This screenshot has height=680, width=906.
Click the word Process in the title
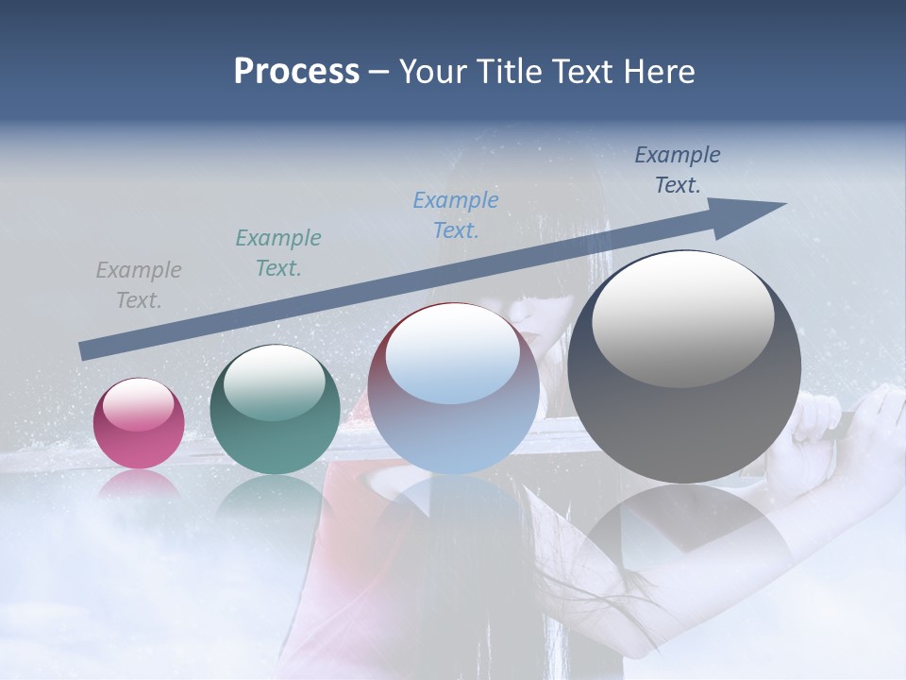click(x=296, y=72)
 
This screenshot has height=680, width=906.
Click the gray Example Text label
click(x=139, y=285)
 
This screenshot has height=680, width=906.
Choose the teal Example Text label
click(x=278, y=253)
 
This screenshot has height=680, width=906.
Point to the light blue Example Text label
click(x=456, y=215)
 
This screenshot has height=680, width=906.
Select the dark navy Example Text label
click(x=678, y=170)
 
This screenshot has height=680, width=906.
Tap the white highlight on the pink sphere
click(x=139, y=404)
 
